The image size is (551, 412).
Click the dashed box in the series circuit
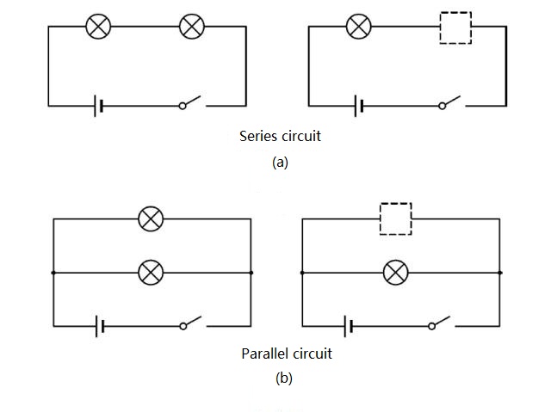(455, 28)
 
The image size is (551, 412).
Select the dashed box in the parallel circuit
(396, 219)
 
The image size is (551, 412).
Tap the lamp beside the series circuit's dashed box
(358, 27)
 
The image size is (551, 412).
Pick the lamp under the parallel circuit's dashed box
(396, 273)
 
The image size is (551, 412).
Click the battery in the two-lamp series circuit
(101, 106)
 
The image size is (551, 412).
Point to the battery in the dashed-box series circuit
(358, 106)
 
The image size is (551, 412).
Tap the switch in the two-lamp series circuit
(191, 104)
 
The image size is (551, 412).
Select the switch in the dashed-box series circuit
(450, 104)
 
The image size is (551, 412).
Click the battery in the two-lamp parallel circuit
(101, 326)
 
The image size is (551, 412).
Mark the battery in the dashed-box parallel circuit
(349, 326)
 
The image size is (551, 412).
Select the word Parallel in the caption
(267, 354)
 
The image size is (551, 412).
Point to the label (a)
(279, 162)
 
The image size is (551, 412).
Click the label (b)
(282, 377)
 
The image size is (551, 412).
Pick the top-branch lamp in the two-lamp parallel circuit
(152, 219)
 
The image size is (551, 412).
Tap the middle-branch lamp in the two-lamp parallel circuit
(152, 273)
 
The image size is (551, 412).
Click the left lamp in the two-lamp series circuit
(99, 27)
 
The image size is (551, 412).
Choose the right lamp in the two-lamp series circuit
(191, 27)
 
